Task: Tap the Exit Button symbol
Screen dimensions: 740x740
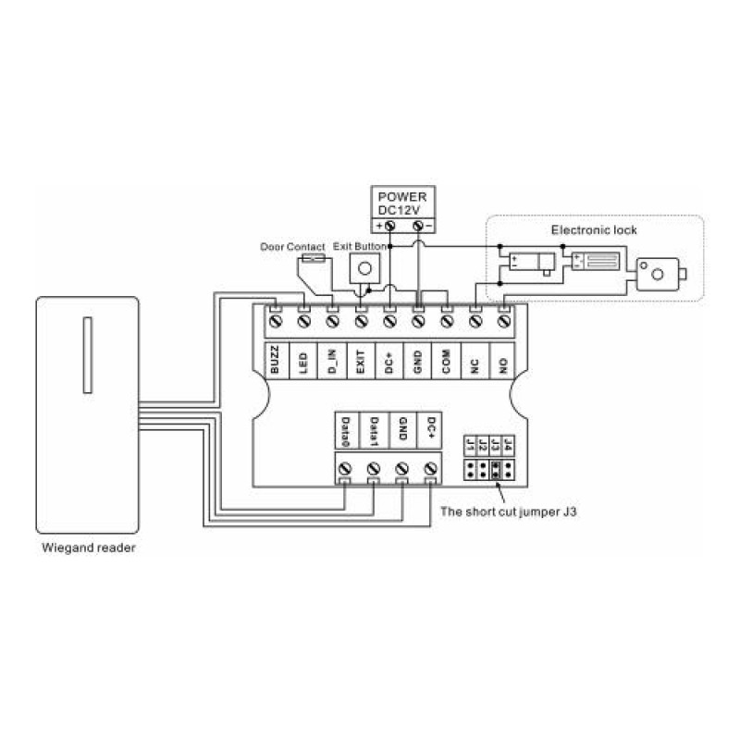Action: (x=365, y=268)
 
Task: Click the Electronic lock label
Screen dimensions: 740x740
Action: (x=593, y=229)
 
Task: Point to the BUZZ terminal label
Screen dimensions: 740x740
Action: (x=275, y=360)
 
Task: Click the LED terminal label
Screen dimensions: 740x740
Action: (x=302, y=360)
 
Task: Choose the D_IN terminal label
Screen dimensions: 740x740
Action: (x=331, y=360)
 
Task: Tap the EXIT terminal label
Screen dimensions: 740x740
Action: (x=361, y=360)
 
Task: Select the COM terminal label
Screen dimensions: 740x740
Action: (x=446, y=360)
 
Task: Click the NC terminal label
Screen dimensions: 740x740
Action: (x=475, y=360)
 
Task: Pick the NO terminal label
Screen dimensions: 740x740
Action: (x=503, y=360)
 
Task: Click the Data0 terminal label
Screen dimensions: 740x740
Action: (x=345, y=431)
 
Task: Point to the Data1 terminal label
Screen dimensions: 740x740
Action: (x=374, y=431)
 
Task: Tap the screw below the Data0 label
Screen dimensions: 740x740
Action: (x=345, y=468)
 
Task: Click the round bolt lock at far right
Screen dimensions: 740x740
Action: (x=658, y=274)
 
